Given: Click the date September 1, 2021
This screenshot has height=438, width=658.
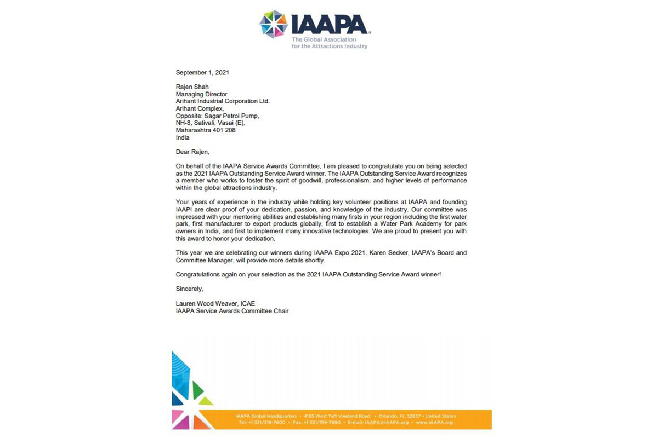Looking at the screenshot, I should click(202, 72).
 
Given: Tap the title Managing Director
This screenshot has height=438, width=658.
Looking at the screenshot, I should click(201, 94).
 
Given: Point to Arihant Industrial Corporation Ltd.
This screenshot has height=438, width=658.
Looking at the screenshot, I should click(223, 101).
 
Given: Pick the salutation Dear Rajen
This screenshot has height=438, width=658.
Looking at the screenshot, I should click(192, 152).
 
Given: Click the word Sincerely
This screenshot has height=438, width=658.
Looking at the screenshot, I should click(189, 289).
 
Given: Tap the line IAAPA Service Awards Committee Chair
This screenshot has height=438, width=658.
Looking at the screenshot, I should click(232, 311).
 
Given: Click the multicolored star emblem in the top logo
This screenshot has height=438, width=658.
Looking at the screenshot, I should click(274, 24).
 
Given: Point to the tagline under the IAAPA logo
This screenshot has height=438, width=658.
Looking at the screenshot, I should click(329, 43).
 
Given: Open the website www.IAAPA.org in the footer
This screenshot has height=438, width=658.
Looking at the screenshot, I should click(434, 423).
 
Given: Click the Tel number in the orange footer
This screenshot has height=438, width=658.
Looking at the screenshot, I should click(262, 423).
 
